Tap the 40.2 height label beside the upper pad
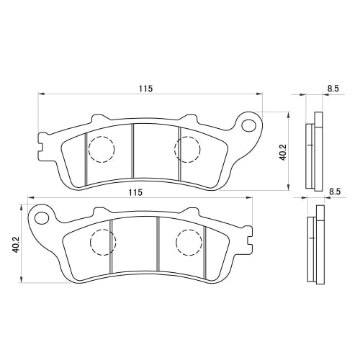(x=283, y=153)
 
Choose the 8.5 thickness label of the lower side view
(x=334, y=192)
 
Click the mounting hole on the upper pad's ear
(x=249, y=126)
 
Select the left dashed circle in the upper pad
(x=101, y=148)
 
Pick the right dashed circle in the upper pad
(x=188, y=148)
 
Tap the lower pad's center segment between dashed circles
(x=134, y=245)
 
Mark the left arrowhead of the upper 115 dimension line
(x=41, y=94)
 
